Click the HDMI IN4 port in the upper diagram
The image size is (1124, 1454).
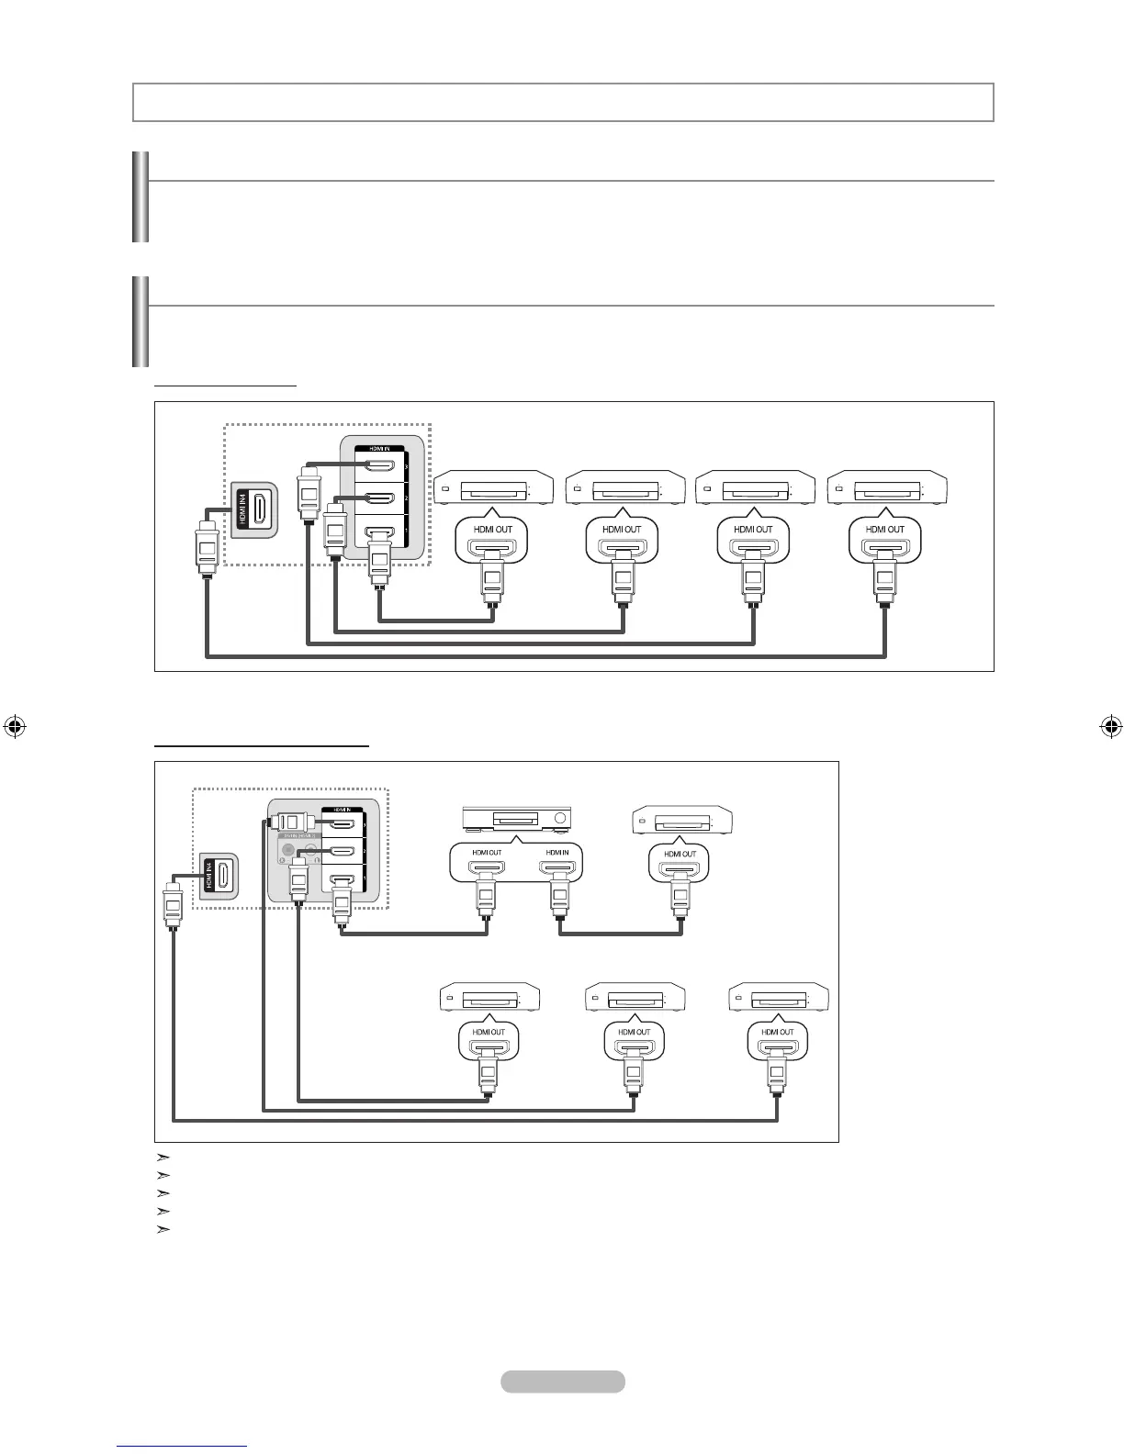tap(261, 509)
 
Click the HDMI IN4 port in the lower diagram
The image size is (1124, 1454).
tap(221, 876)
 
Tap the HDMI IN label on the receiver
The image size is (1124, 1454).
tap(556, 853)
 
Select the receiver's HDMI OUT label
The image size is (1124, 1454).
tap(487, 853)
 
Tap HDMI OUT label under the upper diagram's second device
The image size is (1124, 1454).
tap(622, 530)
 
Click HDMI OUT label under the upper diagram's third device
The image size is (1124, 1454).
tap(753, 530)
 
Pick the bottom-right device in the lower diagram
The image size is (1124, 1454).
tap(779, 998)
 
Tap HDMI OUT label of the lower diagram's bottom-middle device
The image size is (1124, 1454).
tap(634, 1032)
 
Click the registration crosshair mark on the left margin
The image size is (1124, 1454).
tap(13, 727)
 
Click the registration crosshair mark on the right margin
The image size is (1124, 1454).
tap(1110, 727)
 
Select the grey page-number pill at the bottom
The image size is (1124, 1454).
tap(563, 1381)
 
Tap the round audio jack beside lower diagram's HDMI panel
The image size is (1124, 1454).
tap(289, 849)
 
